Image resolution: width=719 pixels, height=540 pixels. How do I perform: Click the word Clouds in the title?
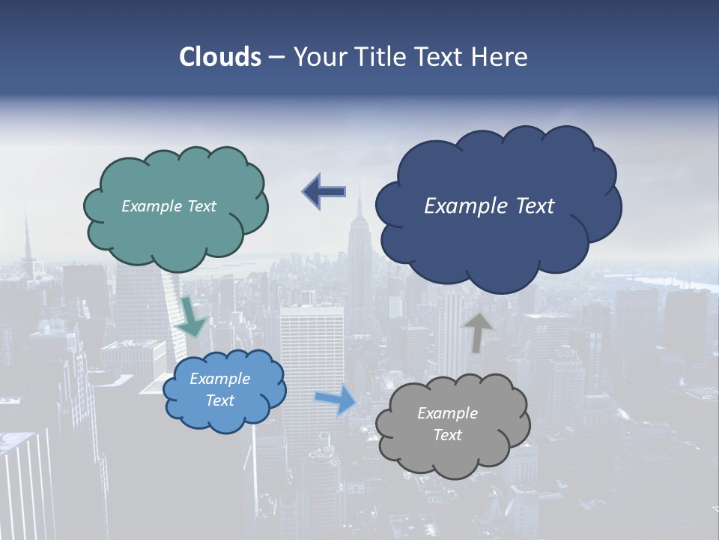[219, 57]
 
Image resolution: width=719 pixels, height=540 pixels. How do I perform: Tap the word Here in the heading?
[500, 57]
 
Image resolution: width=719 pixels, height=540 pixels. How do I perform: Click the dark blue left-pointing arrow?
[324, 192]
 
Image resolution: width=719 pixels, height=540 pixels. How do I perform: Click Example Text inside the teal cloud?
[169, 206]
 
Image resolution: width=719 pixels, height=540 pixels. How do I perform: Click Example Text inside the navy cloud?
[489, 206]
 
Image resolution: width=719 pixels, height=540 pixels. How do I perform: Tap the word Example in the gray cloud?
[447, 413]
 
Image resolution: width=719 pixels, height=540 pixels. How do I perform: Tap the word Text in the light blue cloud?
[219, 400]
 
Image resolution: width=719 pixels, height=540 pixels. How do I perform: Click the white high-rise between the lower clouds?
[311, 352]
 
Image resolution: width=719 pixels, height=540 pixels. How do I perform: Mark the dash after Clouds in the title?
[276, 58]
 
